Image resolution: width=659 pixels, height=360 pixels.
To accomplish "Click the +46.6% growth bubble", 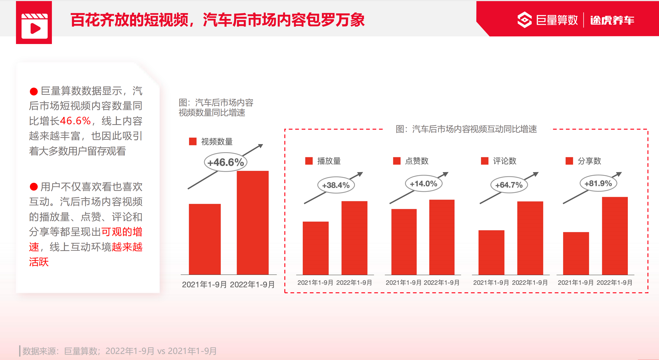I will [x=225, y=162].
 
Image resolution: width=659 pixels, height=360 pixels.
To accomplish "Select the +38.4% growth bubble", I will [x=336, y=185].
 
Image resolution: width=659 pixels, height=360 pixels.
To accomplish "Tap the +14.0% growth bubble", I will [x=424, y=184].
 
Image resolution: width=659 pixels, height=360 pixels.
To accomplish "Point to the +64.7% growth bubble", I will [x=509, y=185].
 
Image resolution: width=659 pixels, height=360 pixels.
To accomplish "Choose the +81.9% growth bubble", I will [x=598, y=183].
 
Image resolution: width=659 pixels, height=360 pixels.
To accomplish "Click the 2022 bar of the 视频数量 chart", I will [x=252, y=223].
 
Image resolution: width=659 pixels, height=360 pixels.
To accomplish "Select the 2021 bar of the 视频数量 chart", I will [x=205, y=239].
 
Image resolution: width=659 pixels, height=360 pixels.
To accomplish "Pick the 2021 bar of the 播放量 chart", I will [x=316, y=248].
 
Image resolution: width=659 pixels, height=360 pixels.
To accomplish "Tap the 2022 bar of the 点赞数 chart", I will [x=442, y=237].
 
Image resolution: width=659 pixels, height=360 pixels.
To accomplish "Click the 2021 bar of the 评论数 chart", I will [x=491, y=252].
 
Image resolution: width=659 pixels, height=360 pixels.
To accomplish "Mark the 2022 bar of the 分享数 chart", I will [x=615, y=236].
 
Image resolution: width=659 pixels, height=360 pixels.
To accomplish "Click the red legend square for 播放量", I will [x=309, y=161].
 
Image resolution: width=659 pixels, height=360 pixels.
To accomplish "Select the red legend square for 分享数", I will [x=569, y=161].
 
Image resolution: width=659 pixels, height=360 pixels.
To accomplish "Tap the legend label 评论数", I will [x=505, y=161].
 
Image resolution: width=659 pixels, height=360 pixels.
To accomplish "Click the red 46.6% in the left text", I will [x=75, y=121].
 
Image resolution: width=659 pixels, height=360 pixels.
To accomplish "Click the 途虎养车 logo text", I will [x=612, y=20].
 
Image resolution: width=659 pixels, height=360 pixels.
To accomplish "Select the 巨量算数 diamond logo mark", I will [x=524, y=20].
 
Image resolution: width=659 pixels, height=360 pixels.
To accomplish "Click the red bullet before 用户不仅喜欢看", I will [x=34, y=187].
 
